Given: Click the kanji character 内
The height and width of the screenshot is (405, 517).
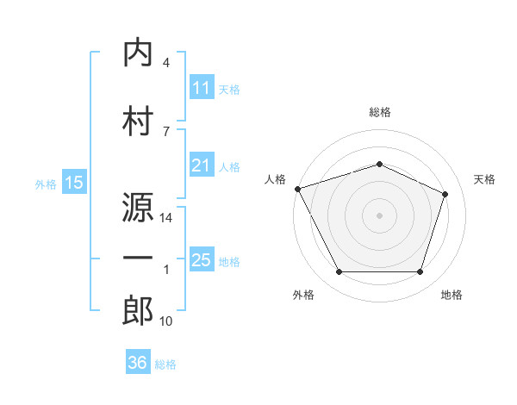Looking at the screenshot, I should [x=138, y=53].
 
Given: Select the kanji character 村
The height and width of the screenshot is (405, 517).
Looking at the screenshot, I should [x=138, y=120].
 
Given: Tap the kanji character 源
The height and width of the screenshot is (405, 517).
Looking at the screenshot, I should [x=138, y=208].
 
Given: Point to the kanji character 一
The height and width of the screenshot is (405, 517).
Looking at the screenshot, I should [x=138, y=259].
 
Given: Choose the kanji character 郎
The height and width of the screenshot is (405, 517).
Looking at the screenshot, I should [x=138, y=310].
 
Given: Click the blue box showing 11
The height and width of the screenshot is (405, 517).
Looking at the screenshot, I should [x=202, y=88].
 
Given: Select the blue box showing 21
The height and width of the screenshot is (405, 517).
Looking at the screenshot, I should [x=202, y=165].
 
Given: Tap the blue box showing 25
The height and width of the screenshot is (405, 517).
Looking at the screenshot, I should [x=202, y=260].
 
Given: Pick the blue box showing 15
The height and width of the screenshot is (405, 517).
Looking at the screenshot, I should [x=74, y=183].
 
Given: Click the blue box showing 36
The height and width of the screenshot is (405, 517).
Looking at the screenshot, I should [x=138, y=363].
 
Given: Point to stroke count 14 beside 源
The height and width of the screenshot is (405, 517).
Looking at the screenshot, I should [x=167, y=219].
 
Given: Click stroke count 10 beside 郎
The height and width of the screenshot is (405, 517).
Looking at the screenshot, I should [x=167, y=321].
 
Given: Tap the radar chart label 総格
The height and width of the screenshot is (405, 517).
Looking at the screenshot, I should [x=379, y=112].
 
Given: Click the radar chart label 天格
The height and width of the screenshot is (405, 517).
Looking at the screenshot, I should [x=484, y=179].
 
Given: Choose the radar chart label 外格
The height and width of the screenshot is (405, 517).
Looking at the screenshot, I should [x=302, y=295].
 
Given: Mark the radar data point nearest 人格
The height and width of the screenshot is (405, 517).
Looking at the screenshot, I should [x=297, y=189].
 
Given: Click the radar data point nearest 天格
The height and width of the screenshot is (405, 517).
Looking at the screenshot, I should [x=445, y=194].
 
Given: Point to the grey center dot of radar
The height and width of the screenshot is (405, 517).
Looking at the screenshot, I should [x=379, y=215].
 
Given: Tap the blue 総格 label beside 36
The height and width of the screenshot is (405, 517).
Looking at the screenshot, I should [x=165, y=364].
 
